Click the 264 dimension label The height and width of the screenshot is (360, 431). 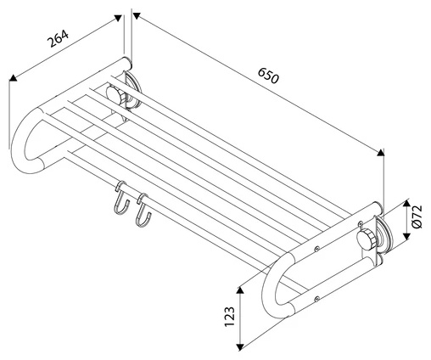click(x=58, y=38)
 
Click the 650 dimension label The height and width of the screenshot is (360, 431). click(x=268, y=76)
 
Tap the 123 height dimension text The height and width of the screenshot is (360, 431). click(x=230, y=317)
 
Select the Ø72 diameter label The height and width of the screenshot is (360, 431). click(x=417, y=217)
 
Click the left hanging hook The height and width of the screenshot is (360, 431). click(x=121, y=198)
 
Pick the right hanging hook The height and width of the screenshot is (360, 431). click(x=143, y=210)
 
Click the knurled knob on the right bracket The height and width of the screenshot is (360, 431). click(x=367, y=239)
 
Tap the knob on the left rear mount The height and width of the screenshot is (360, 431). click(x=116, y=94)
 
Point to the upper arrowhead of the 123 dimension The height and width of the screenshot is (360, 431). click(x=240, y=290)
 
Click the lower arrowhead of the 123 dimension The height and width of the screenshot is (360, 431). click(x=240, y=347)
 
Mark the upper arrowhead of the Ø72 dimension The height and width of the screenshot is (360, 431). click(x=406, y=203)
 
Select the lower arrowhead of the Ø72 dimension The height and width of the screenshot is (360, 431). click(x=406, y=236)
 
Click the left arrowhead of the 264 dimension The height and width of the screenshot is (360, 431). click(x=13, y=77)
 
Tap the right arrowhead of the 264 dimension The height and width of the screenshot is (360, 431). click(x=118, y=19)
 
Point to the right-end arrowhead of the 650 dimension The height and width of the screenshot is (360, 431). click(x=381, y=152)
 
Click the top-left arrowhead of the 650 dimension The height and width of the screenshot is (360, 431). click(x=137, y=16)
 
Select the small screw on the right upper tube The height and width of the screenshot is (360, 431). click(x=317, y=249)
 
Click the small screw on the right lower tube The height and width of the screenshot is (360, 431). click(x=317, y=298)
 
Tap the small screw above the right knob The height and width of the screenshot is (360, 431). click(x=360, y=223)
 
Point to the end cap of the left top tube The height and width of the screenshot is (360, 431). click(x=127, y=64)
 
